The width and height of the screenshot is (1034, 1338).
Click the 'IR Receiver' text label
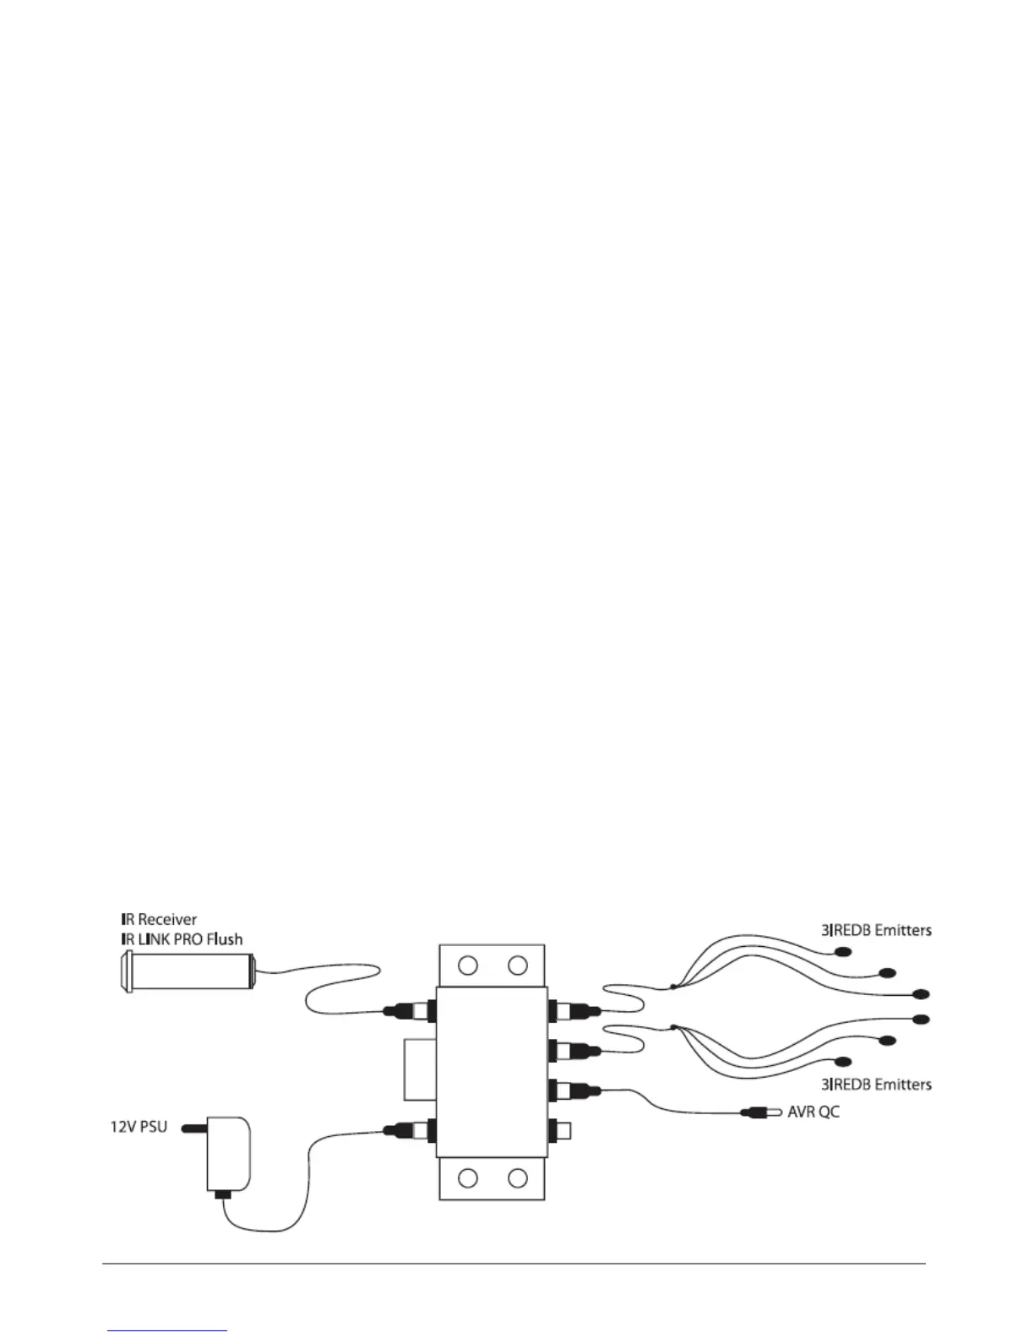pos(158,919)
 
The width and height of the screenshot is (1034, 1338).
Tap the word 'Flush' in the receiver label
pos(225,939)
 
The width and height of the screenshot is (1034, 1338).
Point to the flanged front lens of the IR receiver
pos(126,969)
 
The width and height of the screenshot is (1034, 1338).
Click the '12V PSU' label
pos(139,1127)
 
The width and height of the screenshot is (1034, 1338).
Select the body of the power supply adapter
pos(228,1154)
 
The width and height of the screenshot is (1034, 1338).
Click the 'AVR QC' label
pos(814,1112)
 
